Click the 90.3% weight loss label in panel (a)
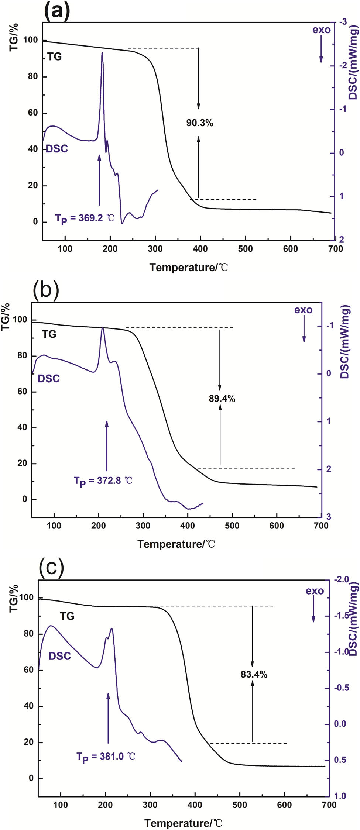point(199,123)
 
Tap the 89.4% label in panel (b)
point(222,399)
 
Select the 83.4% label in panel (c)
point(254,674)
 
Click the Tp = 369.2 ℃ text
point(85,218)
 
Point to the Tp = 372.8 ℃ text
point(103,481)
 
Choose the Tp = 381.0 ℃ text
point(106,757)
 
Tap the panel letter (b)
point(46,290)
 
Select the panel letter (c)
point(52,567)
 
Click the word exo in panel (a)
point(321,30)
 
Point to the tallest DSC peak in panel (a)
point(102,54)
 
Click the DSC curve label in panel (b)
point(49,379)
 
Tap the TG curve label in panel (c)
point(67,616)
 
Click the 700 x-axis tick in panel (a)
point(335,249)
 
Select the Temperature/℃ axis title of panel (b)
point(176,544)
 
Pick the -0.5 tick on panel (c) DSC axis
point(342,688)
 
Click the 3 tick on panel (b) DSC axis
point(329,517)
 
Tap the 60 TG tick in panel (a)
point(33,113)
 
